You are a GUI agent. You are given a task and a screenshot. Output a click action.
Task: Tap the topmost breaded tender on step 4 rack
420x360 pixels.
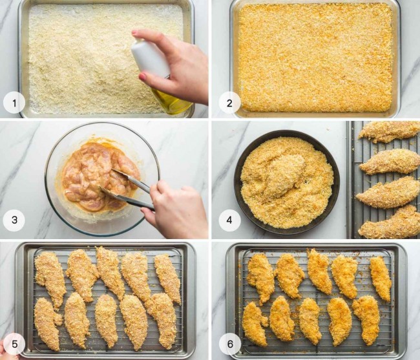(390, 131)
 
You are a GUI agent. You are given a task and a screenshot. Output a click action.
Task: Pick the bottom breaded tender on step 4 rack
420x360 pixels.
(390, 223)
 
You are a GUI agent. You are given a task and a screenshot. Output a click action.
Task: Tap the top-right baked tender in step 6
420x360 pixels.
(381, 278)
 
